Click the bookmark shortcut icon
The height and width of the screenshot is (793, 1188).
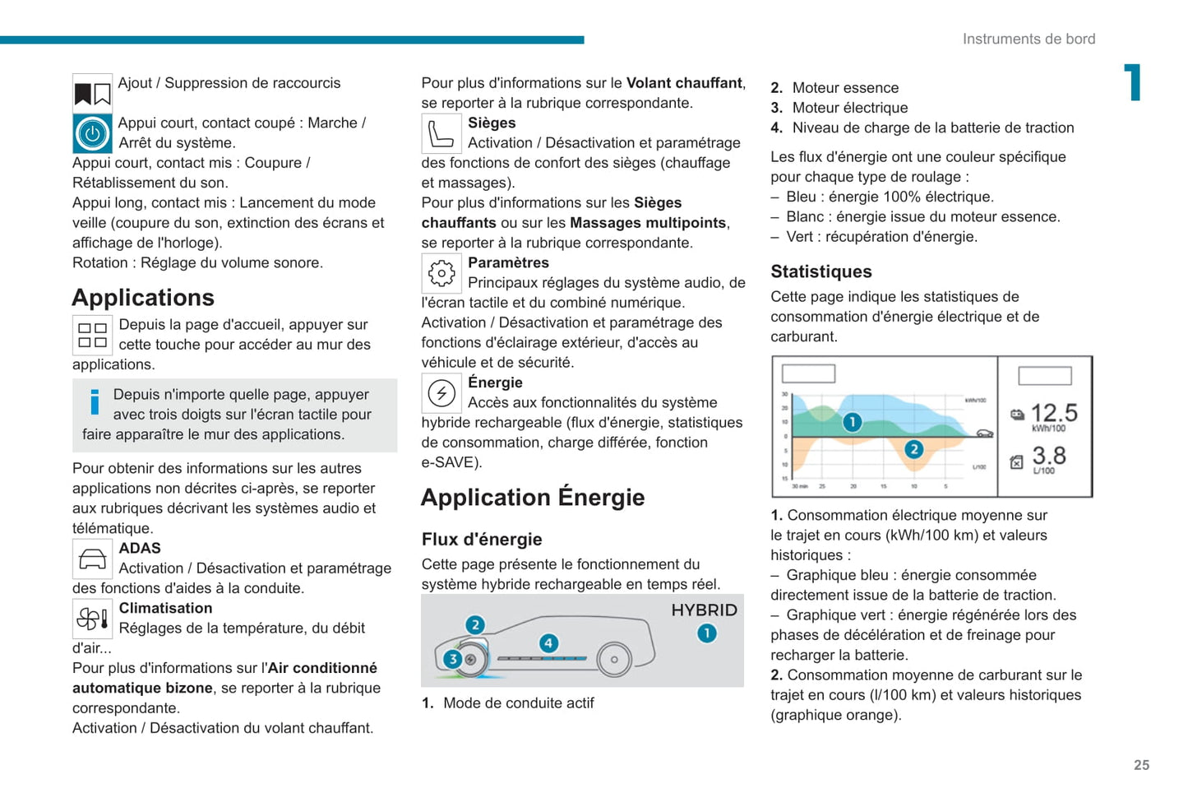(92, 94)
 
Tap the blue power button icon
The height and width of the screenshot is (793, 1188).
(92, 133)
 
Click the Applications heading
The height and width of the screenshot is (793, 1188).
(143, 297)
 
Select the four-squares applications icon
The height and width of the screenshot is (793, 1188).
(92, 335)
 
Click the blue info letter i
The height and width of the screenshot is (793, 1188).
(95, 402)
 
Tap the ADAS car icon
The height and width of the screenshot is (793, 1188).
(92, 559)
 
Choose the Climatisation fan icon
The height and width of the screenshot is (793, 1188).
(92, 619)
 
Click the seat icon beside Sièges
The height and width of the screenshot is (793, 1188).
(441, 133)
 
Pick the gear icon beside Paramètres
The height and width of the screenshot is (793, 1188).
(441, 273)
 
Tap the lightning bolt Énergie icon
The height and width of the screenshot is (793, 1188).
(441, 393)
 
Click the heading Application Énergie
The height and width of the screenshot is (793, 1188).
(533, 498)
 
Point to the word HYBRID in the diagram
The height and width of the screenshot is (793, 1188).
(704, 610)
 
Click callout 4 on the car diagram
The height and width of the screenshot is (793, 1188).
(548, 643)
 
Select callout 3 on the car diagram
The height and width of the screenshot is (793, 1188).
(452, 659)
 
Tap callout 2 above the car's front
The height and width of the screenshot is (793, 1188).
(474, 624)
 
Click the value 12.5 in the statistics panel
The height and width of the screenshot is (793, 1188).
(1054, 412)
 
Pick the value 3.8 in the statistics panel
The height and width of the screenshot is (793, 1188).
(1049, 455)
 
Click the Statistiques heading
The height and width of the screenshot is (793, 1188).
(821, 271)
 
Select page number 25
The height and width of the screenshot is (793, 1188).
(1141, 765)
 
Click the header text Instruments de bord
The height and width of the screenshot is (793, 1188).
(1029, 39)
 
